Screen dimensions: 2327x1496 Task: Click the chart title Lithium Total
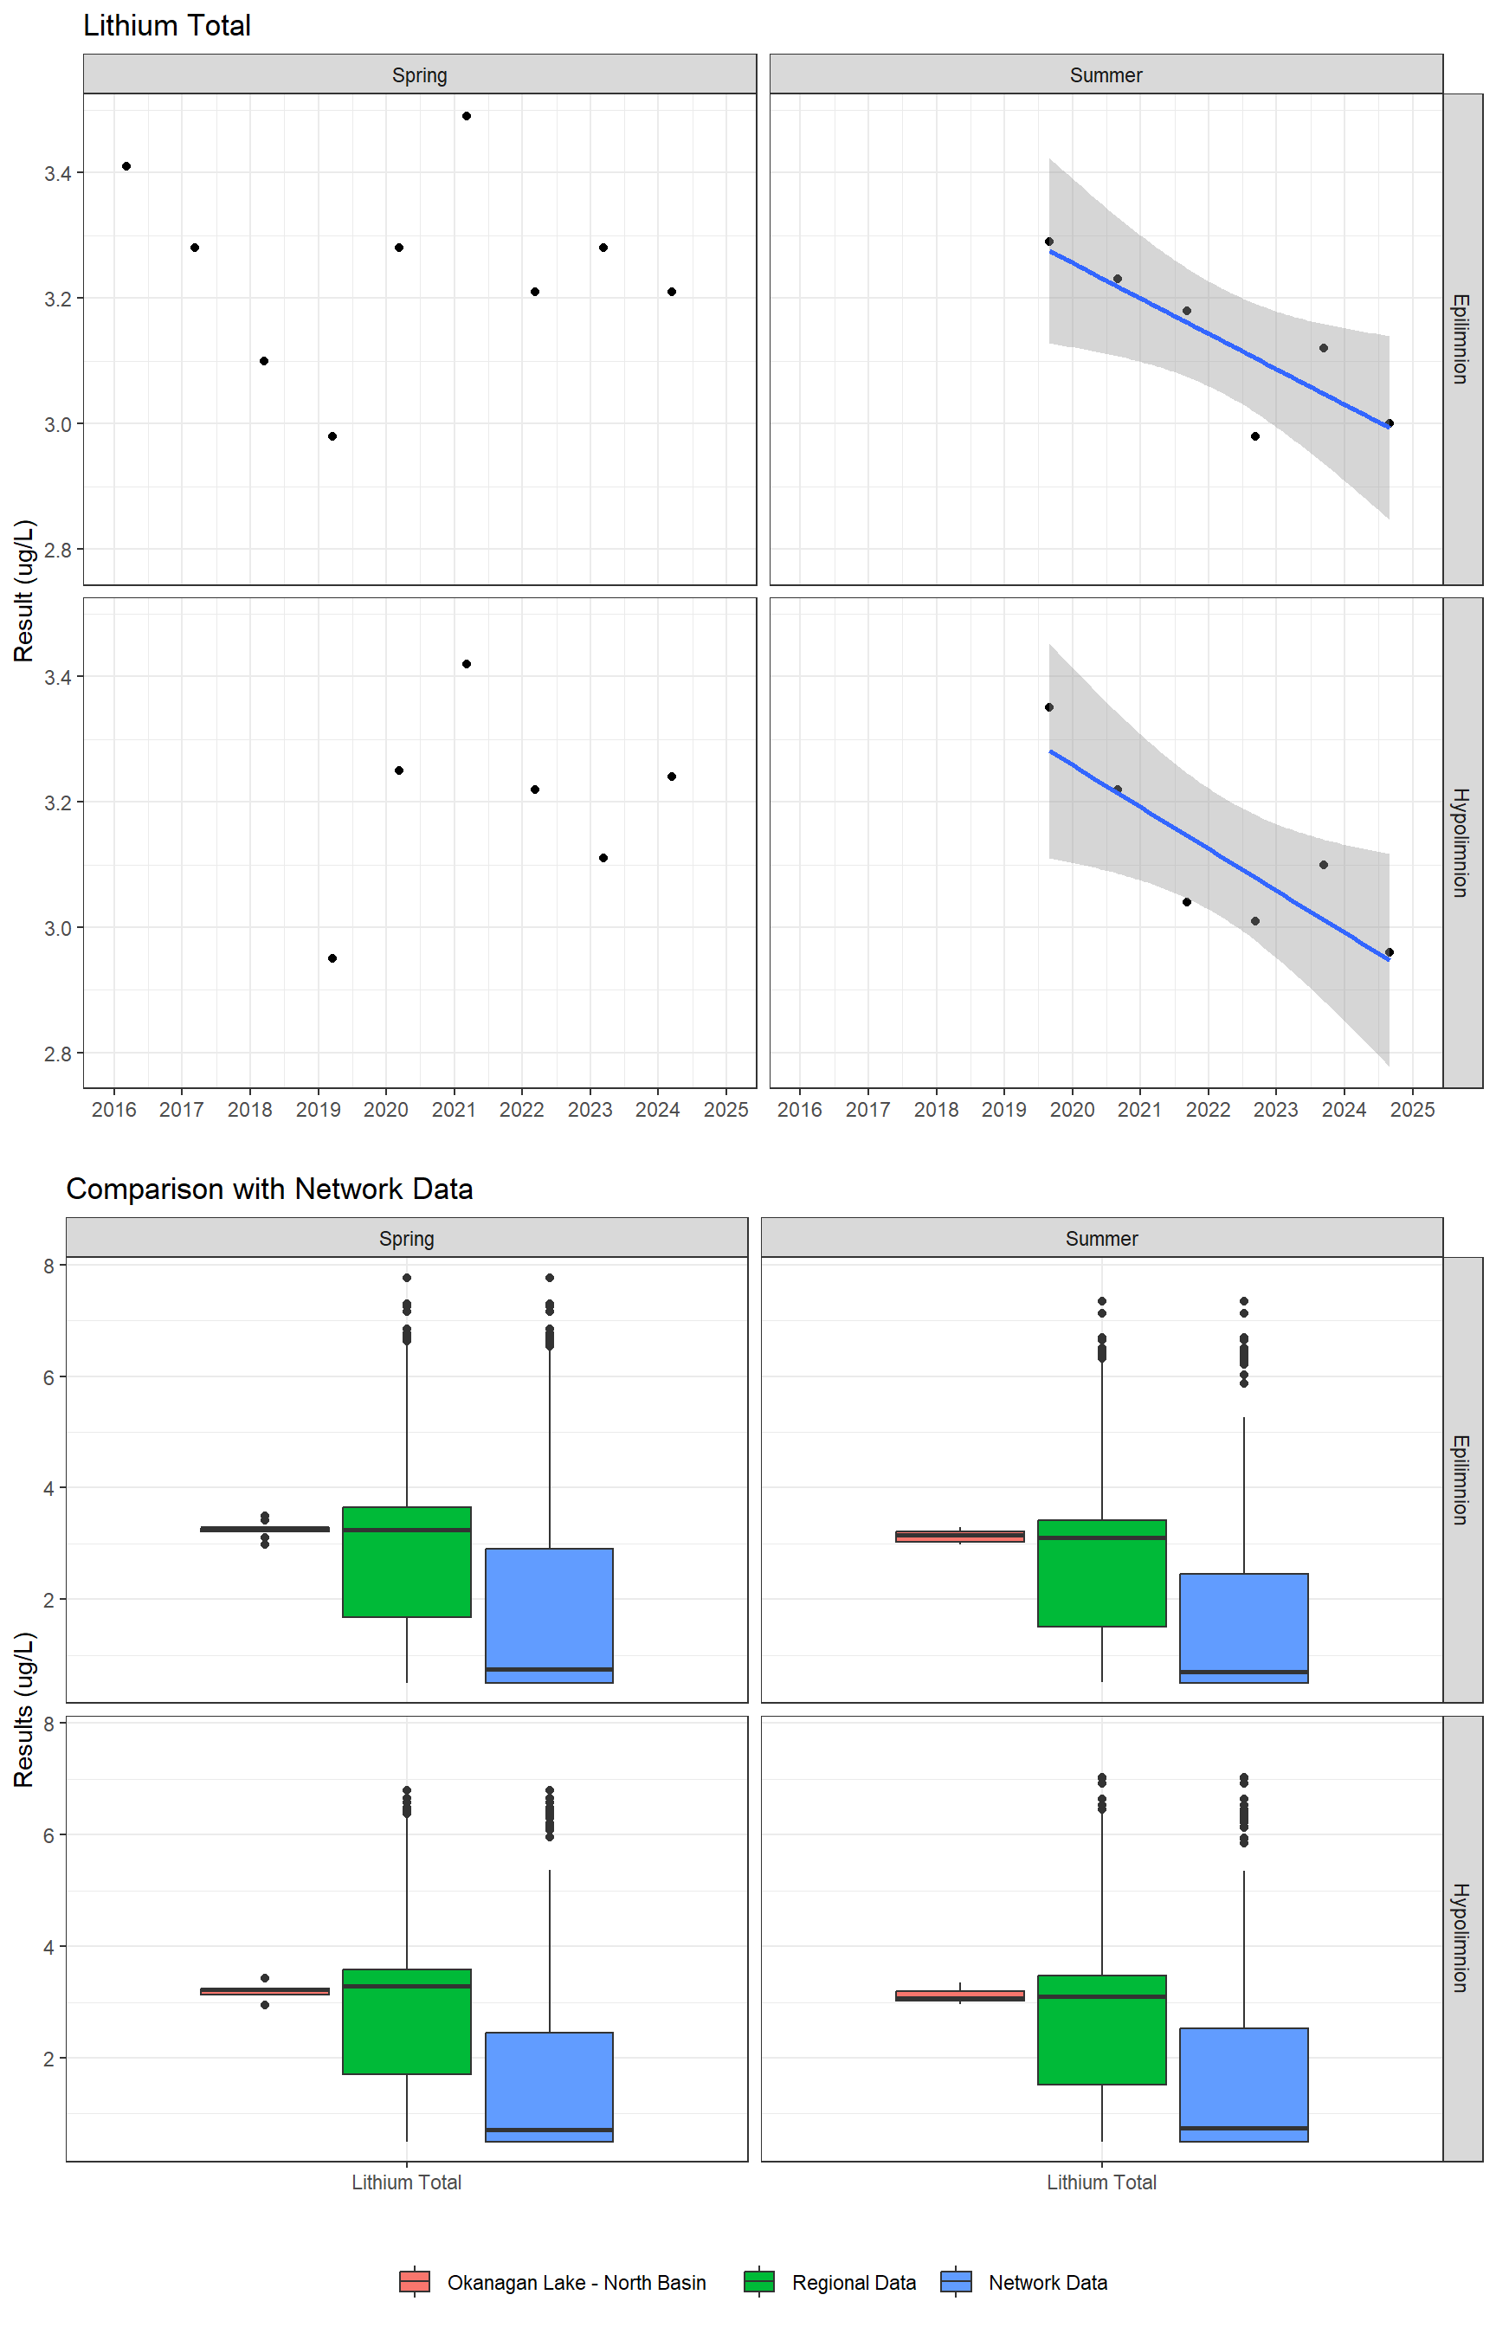tap(167, 26)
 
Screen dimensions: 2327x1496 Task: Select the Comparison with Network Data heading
tap(269, 1189)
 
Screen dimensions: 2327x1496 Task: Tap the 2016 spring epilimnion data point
tap(126, 167)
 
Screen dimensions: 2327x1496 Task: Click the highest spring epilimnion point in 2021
tap(467, 117)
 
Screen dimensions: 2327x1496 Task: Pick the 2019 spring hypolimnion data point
tap(332, 958)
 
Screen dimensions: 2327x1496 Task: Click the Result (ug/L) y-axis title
tap(24, 590)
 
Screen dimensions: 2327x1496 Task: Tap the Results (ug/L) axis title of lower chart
tap(24, 1709)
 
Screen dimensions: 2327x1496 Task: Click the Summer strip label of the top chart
tap(1106, 74)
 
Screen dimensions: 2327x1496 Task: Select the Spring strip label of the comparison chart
tap(406, 1238)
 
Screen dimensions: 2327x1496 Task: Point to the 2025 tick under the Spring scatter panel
tap(725, 1109)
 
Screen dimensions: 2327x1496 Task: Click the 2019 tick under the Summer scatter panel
tap(1003, 1109)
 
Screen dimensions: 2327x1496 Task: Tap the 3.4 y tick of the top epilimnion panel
tap(57, 174)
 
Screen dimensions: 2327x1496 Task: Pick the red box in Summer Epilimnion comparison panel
tap(960, 1537)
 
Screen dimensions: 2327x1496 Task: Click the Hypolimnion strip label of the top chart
tap(1461, 842)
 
